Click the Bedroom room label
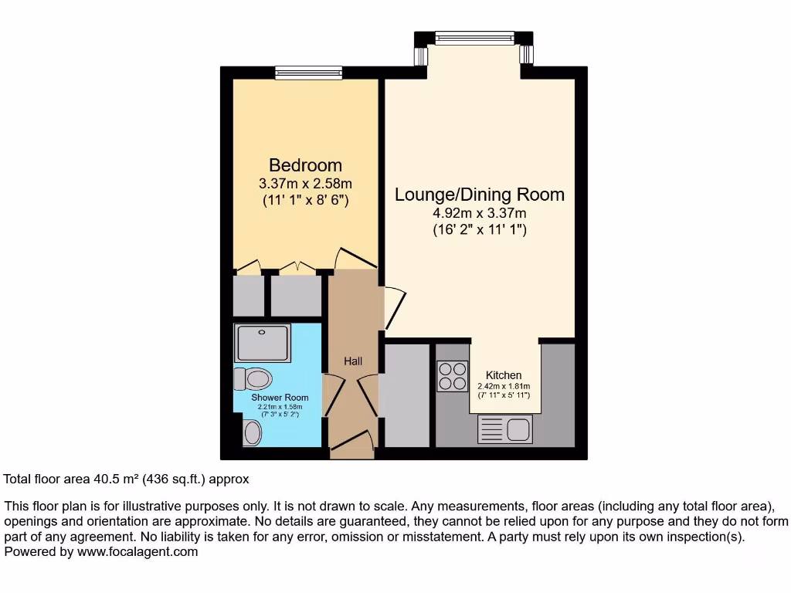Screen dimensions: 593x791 [x=305, y=165]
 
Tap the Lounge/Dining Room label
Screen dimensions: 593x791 [x=479, y=195]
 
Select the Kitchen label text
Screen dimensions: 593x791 [x=504, y=375]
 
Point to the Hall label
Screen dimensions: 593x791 [x=353, y=361]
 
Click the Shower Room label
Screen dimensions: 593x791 [x=279, y=398]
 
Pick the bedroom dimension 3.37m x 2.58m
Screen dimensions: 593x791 [x=305, y=184]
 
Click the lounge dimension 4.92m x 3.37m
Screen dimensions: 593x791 [x=479, y=213]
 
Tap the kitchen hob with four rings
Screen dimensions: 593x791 [x=453, y=375]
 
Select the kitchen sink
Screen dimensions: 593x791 [x=504, y=429]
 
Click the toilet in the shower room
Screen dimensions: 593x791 [x=255, y=379]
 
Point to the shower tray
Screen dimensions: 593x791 [x=263, y=342]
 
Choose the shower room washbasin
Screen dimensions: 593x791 [x=253, y=433]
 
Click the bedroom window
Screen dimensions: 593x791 [x=309, y=72]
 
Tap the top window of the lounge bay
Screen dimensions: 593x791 [x=473, y=36]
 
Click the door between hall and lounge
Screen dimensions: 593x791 [x=394, y=305]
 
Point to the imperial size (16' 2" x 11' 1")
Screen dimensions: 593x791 [x=479, y=229]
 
